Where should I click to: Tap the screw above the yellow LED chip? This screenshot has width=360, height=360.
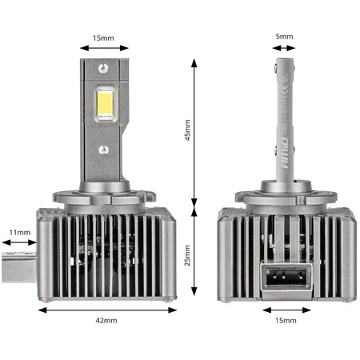103,69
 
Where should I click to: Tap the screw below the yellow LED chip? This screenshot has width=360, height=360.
103,149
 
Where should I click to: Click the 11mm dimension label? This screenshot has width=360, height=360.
19,233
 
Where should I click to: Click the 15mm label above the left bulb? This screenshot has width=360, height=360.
102,37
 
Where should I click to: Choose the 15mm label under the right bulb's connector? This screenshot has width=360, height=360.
286,321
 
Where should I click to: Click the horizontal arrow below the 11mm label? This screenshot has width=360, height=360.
18,245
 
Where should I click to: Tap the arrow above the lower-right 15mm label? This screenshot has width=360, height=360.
286,309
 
